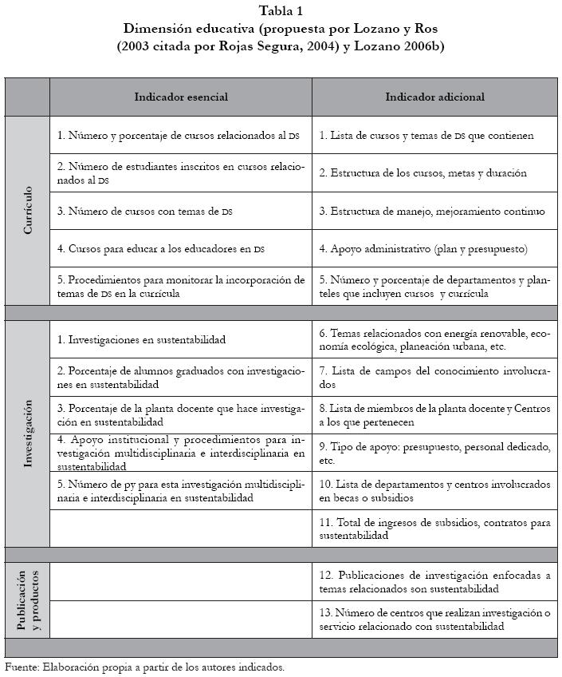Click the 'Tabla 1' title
coord(281,11)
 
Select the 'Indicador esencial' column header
coord(181,97)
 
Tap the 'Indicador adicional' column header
coord(434,97)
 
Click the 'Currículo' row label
coord(27,210)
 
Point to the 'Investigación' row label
coord(27,434)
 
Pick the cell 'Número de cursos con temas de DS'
coord(145,212)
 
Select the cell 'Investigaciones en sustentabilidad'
coord(142,339)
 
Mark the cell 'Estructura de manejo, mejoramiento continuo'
coord(432,212)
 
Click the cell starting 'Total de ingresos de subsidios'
coord(434,529)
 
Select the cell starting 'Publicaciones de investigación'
coord(434,582)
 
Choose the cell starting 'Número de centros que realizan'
coord(434,620)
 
